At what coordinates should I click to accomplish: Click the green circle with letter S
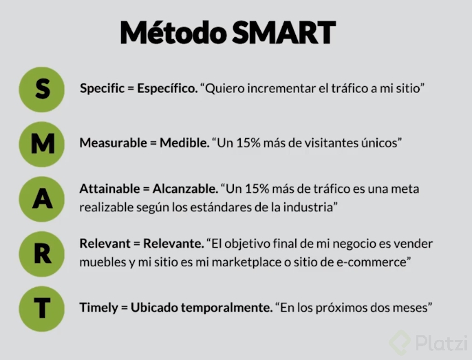[x=43, y=89]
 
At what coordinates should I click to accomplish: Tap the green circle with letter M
[x=43, y=143]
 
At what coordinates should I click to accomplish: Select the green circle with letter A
[x=43, y=198]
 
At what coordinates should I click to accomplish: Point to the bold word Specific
[x=103, y=89]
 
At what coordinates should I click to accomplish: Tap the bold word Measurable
[x=112, y=143]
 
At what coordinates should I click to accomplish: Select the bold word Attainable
[x=111, y=189]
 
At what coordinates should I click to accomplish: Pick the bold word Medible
[x=184, y=143]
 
